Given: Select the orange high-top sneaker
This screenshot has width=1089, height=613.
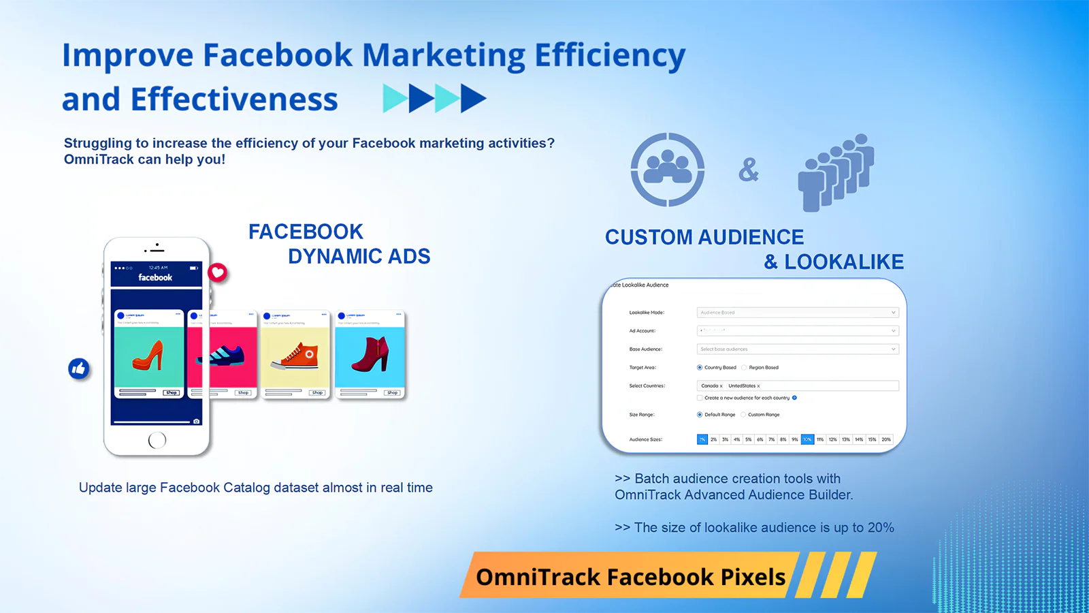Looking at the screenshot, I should coord(296,355).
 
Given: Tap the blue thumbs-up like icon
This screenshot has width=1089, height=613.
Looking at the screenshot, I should coord(79,369).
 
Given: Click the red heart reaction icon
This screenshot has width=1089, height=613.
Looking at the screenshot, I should coord(217,273).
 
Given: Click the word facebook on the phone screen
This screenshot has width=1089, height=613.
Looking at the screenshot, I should coord(155,277).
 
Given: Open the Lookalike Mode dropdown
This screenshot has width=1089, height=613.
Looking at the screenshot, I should coord(797,313).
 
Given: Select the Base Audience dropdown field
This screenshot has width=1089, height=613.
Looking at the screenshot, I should coord(797,349).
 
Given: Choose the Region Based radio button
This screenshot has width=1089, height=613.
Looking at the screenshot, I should coord(745,368).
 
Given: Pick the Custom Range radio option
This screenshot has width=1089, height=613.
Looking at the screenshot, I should coord(744,415).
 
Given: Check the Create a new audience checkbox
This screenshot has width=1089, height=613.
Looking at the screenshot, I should coord(700,398).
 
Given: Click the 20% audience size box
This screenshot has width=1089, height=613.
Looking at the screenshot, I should coord(885,440).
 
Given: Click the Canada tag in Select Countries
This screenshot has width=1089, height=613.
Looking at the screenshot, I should coord(710,386).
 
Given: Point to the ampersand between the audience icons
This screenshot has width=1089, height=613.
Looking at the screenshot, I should coord(748,170).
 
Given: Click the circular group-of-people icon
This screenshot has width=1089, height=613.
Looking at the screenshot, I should coord(667,170).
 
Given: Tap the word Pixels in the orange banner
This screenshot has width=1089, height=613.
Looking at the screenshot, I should coord(753,577).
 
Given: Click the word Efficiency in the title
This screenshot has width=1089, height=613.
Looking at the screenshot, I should coord(609,56).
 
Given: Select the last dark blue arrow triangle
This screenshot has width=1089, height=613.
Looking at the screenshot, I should coord(472,99).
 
